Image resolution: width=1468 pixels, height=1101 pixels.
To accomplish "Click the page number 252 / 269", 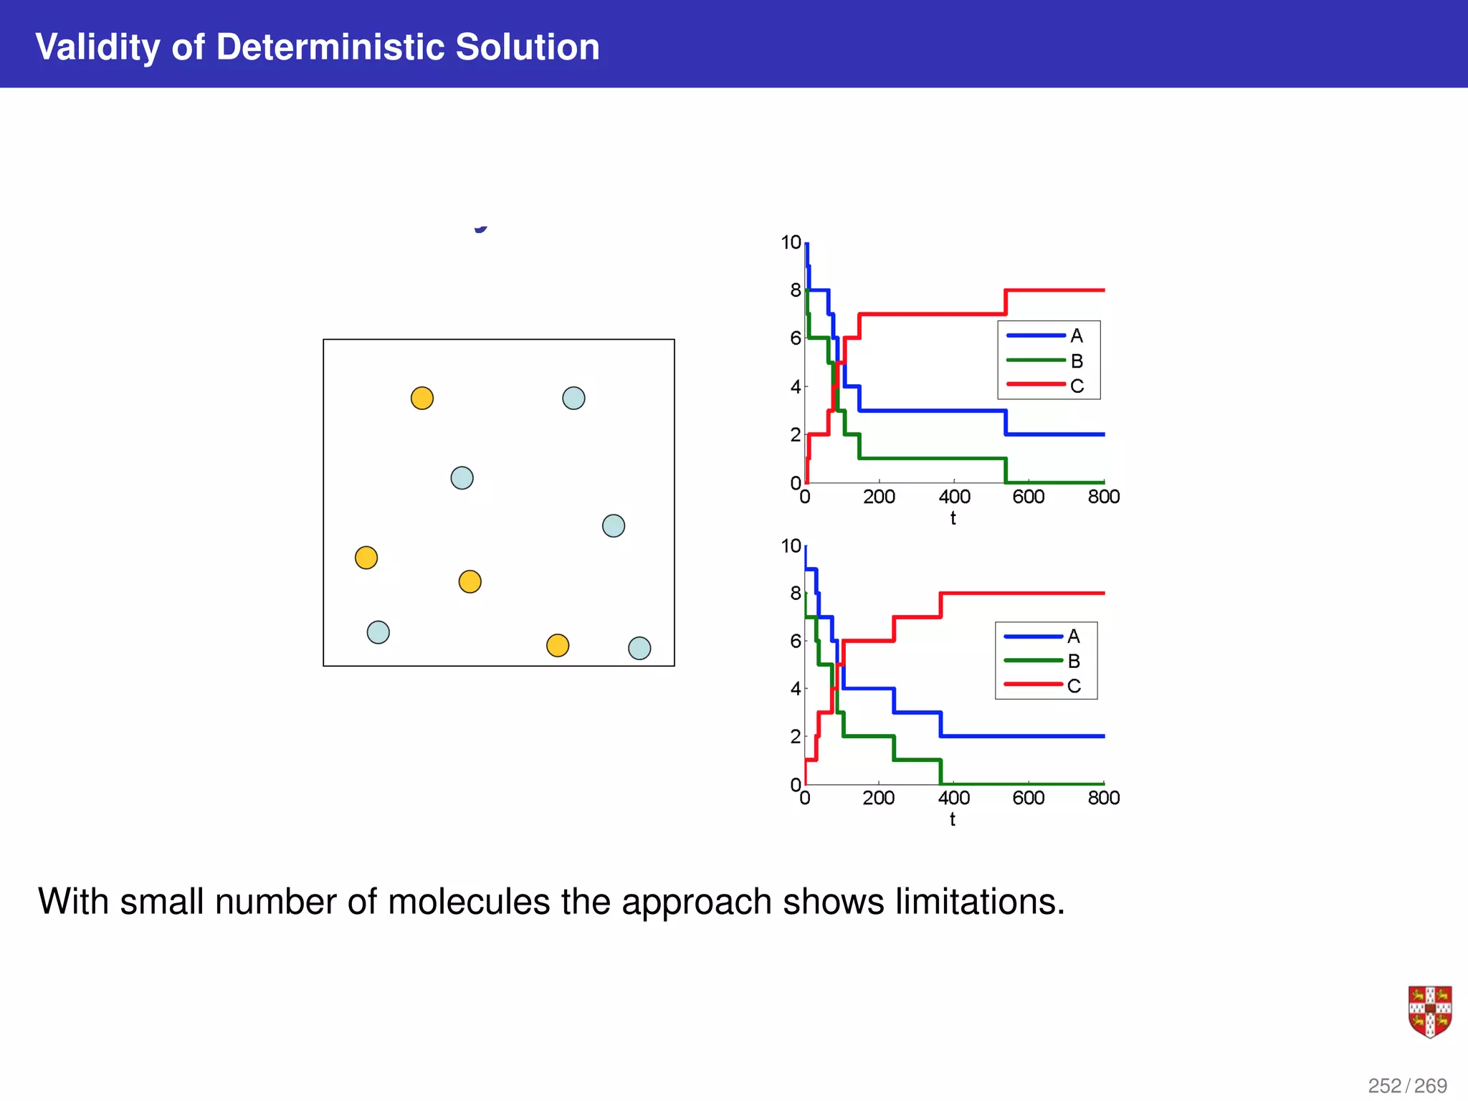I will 1407,1085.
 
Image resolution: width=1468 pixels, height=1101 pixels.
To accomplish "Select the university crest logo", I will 1429,1011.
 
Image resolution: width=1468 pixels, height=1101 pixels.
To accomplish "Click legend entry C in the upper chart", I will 1077,386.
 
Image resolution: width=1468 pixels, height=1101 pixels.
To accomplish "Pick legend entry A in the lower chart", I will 1073,637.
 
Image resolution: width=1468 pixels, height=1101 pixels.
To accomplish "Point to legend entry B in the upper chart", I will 1077,361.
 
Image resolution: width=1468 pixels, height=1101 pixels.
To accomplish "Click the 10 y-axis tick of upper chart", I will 791,242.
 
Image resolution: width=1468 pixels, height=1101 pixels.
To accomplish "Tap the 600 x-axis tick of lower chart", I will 1028,798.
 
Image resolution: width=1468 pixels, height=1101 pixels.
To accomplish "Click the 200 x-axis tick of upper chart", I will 879,497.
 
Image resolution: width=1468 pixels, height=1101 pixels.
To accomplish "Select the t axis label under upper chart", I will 953,518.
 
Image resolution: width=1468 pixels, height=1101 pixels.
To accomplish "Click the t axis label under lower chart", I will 952,819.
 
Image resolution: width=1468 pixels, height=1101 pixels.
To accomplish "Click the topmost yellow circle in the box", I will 422,398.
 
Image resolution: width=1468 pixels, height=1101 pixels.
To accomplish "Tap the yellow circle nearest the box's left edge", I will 366,558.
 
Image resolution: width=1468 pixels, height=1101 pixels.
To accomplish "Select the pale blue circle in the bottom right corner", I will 639,648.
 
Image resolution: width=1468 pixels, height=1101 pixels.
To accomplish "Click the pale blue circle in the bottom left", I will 378,632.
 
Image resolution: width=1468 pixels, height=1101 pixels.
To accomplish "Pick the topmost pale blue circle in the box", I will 573,398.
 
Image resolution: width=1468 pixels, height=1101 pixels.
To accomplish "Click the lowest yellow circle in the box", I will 558,645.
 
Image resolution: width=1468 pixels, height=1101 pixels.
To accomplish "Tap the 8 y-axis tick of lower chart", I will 795,594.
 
